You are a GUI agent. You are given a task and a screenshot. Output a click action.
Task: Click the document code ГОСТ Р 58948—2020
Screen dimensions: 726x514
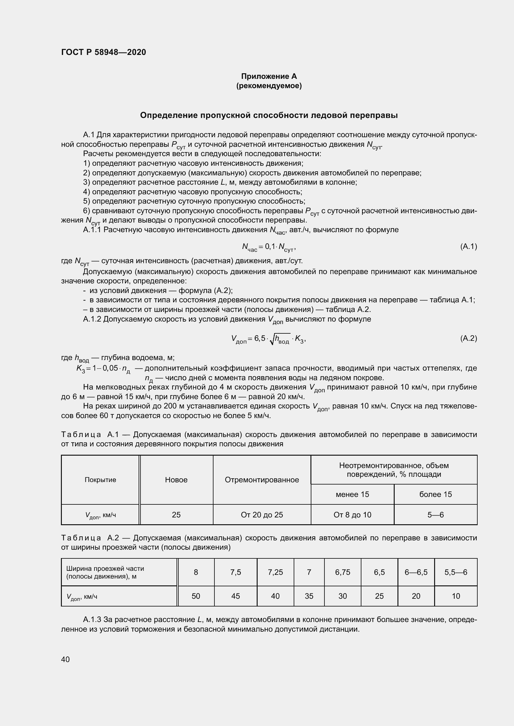click(x=103, y=52)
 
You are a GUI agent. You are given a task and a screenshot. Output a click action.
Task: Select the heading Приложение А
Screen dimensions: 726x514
click(x=269, y=76)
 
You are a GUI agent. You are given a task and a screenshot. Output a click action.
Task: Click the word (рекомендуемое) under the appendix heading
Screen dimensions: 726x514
click(x=269, y=86)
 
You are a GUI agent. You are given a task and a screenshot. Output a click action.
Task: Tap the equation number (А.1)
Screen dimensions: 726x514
click(x=468, y=246)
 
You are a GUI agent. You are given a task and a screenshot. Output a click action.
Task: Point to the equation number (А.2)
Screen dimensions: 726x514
click(x=468, y=338)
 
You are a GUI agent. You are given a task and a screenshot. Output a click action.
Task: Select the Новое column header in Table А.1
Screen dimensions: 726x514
click(x=176, y=480)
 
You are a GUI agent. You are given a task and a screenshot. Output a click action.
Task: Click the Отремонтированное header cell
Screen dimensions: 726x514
click(x=262, y=480)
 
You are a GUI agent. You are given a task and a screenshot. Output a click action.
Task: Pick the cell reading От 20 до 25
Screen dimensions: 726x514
click(x=262, y=515)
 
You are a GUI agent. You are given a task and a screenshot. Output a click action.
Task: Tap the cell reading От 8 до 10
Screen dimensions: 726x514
click(x=352, y=515)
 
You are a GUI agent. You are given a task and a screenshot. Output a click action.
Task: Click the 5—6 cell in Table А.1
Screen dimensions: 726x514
click(x=435, y=515)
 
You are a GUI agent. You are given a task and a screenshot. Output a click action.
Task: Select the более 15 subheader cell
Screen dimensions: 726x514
click(x=435, y=494)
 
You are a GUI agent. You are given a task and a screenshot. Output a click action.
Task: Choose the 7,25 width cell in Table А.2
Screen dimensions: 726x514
click(x=275, y=572)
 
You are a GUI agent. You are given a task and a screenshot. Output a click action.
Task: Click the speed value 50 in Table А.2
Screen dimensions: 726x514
click(x=196, y=596)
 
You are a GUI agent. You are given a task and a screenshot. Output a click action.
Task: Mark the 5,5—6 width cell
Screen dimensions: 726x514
click(x=456, y=572)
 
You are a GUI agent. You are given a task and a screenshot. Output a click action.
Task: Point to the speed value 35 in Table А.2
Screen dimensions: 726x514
click(x=309, y=596)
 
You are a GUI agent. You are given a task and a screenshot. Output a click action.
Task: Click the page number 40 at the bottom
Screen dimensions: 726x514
click(x=66, y=659)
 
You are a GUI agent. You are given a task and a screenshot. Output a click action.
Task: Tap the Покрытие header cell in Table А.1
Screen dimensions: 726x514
click(x=100, y=480)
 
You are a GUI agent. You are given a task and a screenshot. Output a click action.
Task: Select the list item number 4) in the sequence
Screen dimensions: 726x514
click(x=87, y=192)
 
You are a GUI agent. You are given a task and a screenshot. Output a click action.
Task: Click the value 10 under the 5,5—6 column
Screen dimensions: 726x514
click(x=456, y=596)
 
